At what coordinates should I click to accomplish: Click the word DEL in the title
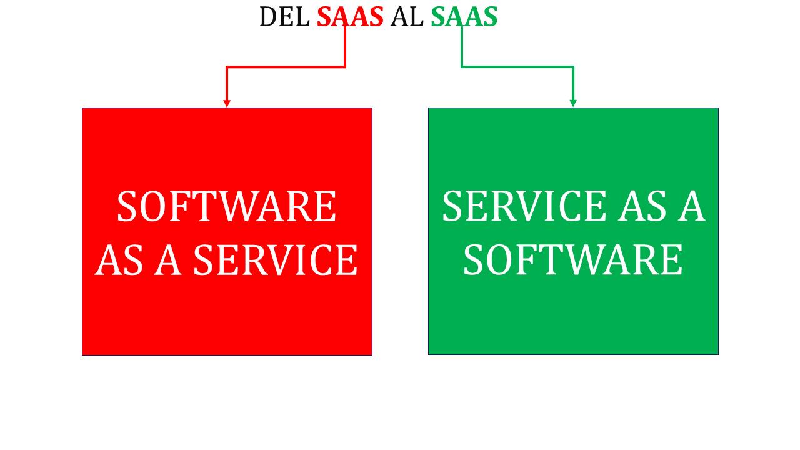pos(284,16)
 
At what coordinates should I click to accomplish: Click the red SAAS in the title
pos(350,16)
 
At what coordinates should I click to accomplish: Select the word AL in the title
pos(407,16)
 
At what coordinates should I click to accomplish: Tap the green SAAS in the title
pos(464,16)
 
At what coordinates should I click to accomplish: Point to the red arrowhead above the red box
pos(227,103)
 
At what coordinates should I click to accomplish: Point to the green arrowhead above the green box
pos(573,103)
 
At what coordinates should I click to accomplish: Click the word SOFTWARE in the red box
pos(227,206)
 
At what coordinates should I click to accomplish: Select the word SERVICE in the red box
pos(276,260)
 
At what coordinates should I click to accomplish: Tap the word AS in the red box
pos(119,260)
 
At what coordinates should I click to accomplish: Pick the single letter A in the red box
pos(167,260)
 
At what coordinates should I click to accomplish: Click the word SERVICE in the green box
pos(524,206)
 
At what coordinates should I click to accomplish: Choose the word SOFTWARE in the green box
pos(573,260)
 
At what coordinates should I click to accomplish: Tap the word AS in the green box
pos(642,206)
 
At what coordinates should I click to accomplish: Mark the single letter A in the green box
pos(691,206)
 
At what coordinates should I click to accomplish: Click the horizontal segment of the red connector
pos(286,67)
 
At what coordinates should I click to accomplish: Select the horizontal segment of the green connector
pos(517,67)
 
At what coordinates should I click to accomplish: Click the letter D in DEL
pos(268,16)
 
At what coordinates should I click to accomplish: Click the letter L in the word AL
pos(416,16)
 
